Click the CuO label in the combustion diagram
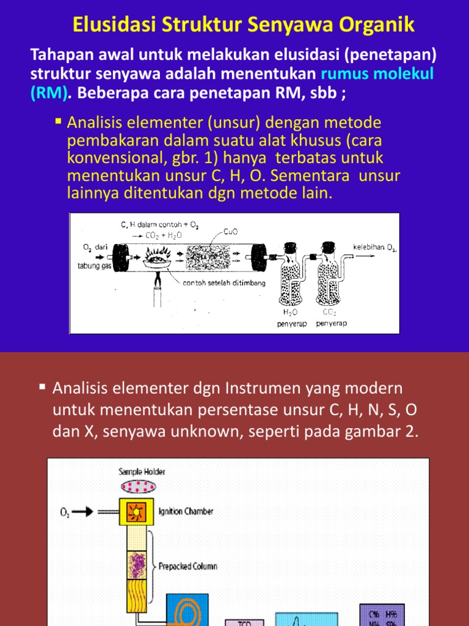(231, 232)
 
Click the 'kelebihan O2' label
(374, 248)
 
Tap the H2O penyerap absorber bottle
(293, 278)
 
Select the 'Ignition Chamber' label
(186, 511)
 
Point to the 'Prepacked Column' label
(187, 566)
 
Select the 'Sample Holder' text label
(142, 471)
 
